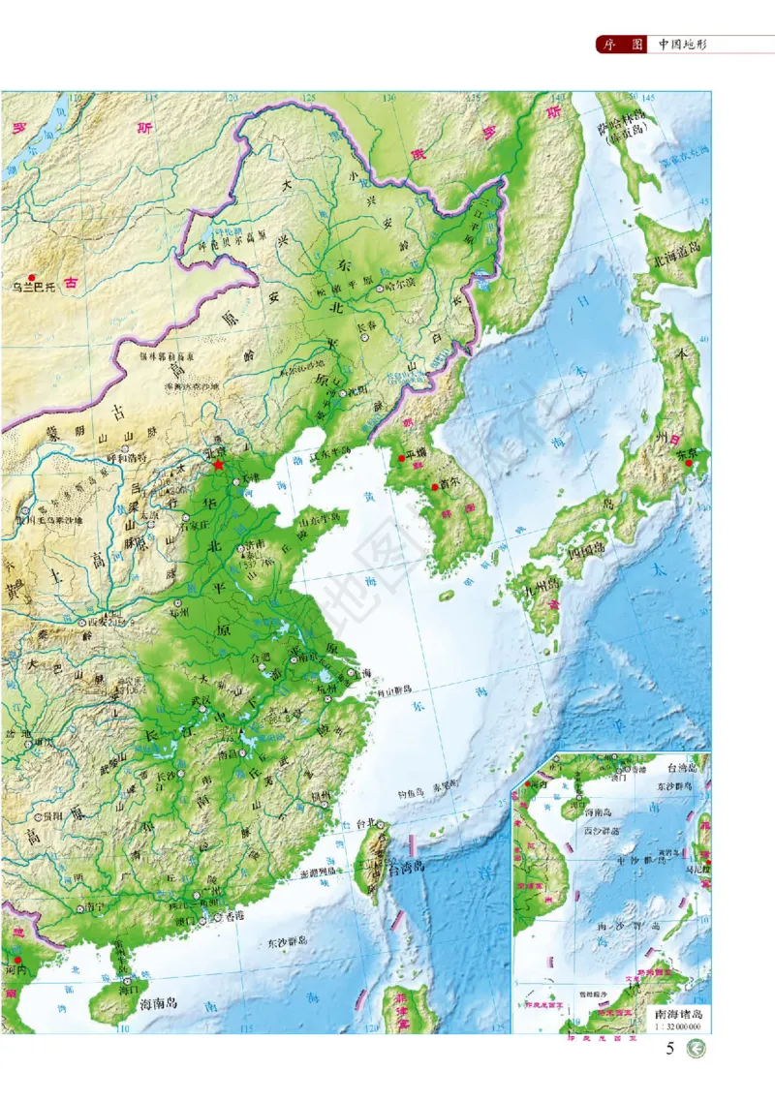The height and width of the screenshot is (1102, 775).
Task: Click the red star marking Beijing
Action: (x=217, y=466)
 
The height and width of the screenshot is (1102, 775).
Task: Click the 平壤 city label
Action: (x=415, y=452)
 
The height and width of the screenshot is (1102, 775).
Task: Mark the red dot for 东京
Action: (x=689, y=463)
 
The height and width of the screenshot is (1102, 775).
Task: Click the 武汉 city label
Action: (x=201, y=698)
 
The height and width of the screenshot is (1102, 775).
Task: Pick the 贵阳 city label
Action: (x=38, y=815)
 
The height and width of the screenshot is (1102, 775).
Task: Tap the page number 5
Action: (x=670, y=1049)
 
